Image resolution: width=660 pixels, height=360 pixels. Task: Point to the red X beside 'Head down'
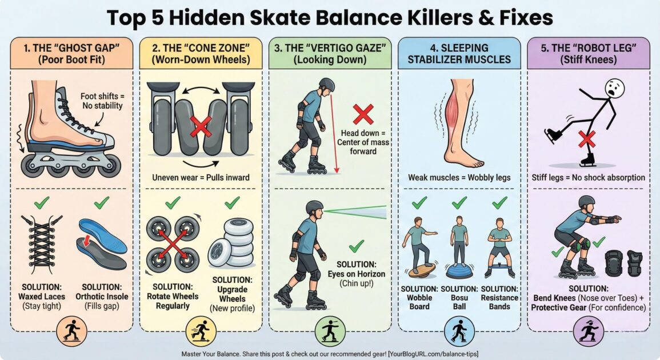tap(363, 115)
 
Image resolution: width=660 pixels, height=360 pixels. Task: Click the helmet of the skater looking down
tap(327, 85)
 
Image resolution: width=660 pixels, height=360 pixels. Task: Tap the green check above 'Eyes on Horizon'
tap(357, 246)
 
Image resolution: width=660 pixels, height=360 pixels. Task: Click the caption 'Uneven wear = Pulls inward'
tap(201, 177)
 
